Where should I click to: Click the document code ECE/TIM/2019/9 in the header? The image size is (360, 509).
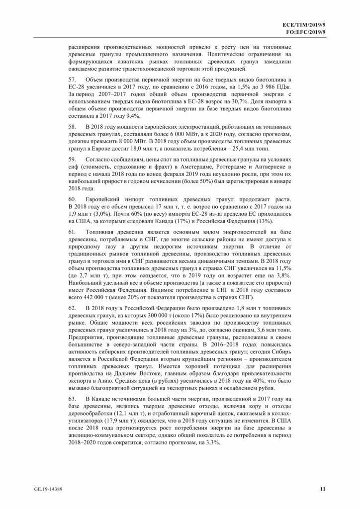(303, 24)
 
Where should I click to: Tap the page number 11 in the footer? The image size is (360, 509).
(322, 490)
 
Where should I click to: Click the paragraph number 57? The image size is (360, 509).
(73, 80)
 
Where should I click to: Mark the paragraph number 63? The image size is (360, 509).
(73, 399)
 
